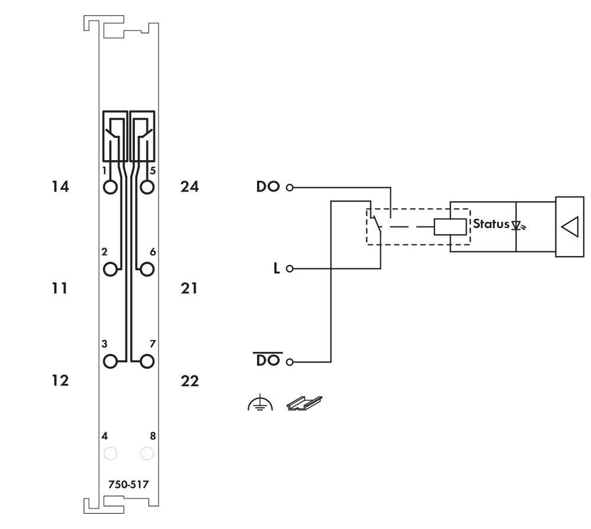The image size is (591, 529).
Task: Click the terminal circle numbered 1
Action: (x=111, y=187)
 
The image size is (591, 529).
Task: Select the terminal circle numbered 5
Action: (x=147, y=187)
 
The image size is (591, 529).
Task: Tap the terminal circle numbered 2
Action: (x=111, y=270)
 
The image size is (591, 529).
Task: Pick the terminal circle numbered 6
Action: (x=147, y=270)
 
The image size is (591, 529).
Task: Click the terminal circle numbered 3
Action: (x=111, y=361)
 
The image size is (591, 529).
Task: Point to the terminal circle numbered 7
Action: (x=147, y=361)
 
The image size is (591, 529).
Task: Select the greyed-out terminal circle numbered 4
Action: (x=111, y=453)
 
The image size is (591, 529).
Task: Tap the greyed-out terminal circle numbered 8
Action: (x=147, y=453)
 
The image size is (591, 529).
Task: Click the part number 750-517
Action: (x=128, y=485)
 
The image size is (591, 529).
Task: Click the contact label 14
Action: (x=60, y=187)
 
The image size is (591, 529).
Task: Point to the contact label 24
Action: (x=190, y=187)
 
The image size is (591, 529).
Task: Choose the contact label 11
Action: (x=60, y=288)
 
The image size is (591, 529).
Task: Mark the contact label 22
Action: (x=190, y=381)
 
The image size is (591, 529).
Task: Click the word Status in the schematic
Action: (x=491, y=224)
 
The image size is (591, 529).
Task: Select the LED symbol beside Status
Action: (x=518, y=225)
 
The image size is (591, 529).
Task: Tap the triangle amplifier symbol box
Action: (x=569, y=227)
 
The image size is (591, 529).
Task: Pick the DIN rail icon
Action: (x=304, y=403)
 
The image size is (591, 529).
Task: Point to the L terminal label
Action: (x=276, y=268)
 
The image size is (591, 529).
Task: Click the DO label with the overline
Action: (x=268, y=360)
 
